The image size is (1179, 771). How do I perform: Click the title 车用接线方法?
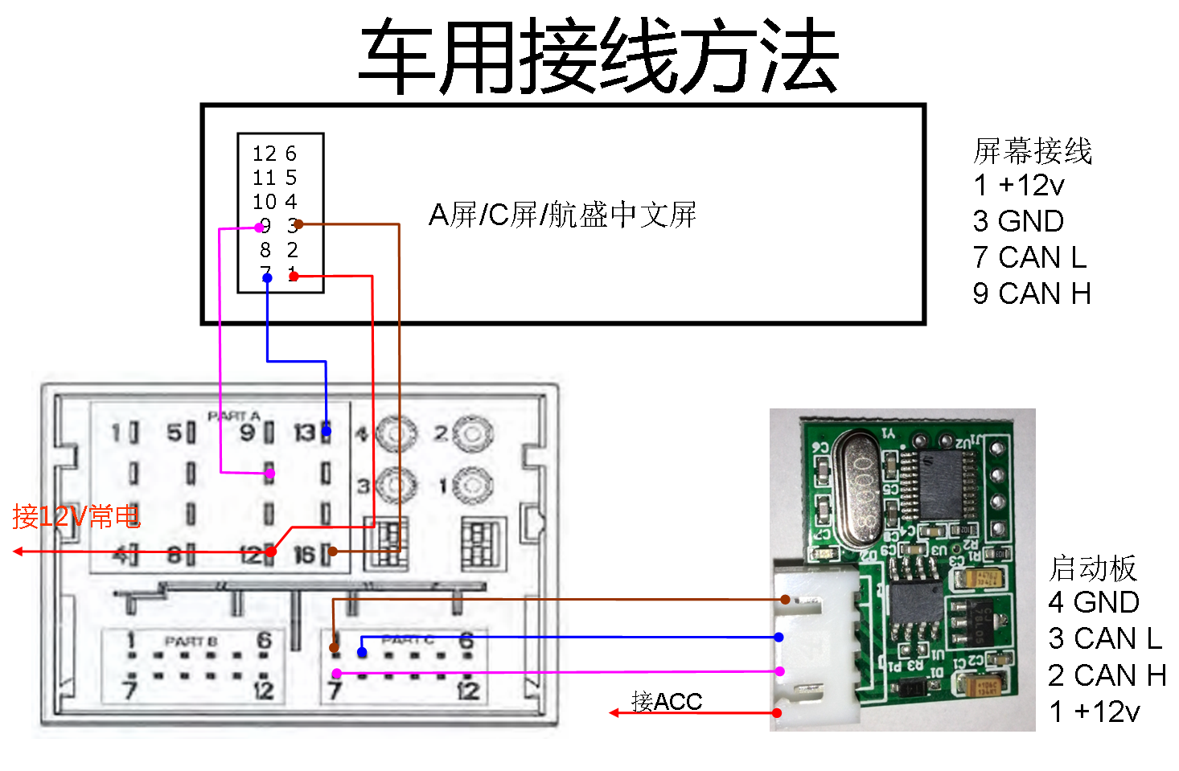point(598,56)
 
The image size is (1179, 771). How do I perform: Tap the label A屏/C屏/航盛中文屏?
point(562,215)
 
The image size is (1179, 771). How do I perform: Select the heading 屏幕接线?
point(1032,150)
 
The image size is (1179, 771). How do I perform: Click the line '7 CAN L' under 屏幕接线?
point(1029,257)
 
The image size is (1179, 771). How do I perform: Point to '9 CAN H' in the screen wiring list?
point(1031,293)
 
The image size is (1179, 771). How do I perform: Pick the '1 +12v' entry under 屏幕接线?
point(1018,186)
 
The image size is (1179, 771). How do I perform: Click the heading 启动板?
point(1092,568)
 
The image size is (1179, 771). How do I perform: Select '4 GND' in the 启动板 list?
point(1094,602)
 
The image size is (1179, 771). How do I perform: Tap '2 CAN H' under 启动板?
point(1107,675)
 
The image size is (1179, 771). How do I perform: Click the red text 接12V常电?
point(76,516)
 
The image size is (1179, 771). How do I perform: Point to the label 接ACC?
point(667,701)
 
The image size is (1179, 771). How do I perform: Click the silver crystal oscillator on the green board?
point(861,488)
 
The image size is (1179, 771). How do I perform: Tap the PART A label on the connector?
point(234,416)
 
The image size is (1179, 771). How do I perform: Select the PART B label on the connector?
point(191,641)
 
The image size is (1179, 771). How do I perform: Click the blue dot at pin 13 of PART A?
point(327,432)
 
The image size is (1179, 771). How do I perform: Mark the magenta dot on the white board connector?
point(779,671)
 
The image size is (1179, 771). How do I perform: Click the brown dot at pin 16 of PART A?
point(333,552)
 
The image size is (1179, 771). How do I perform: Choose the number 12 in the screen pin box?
point(264,154)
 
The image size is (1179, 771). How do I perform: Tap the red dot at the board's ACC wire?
point(777,713)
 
